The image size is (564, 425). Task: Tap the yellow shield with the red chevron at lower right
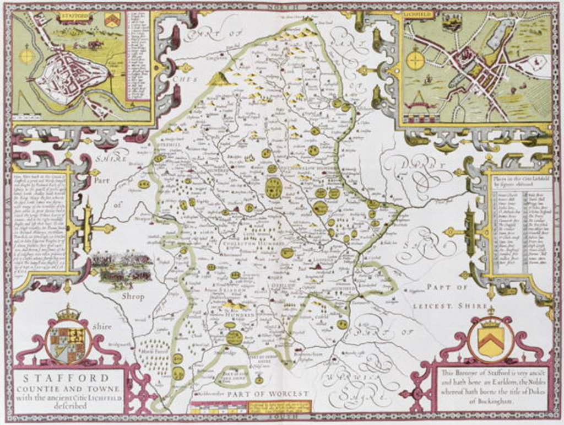[x=490, y=340]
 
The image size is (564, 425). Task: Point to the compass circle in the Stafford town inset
[x=26, y=56]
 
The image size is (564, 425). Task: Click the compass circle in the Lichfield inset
[x=416, y=60]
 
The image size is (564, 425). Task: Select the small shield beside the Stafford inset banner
[x=112, y=20]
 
